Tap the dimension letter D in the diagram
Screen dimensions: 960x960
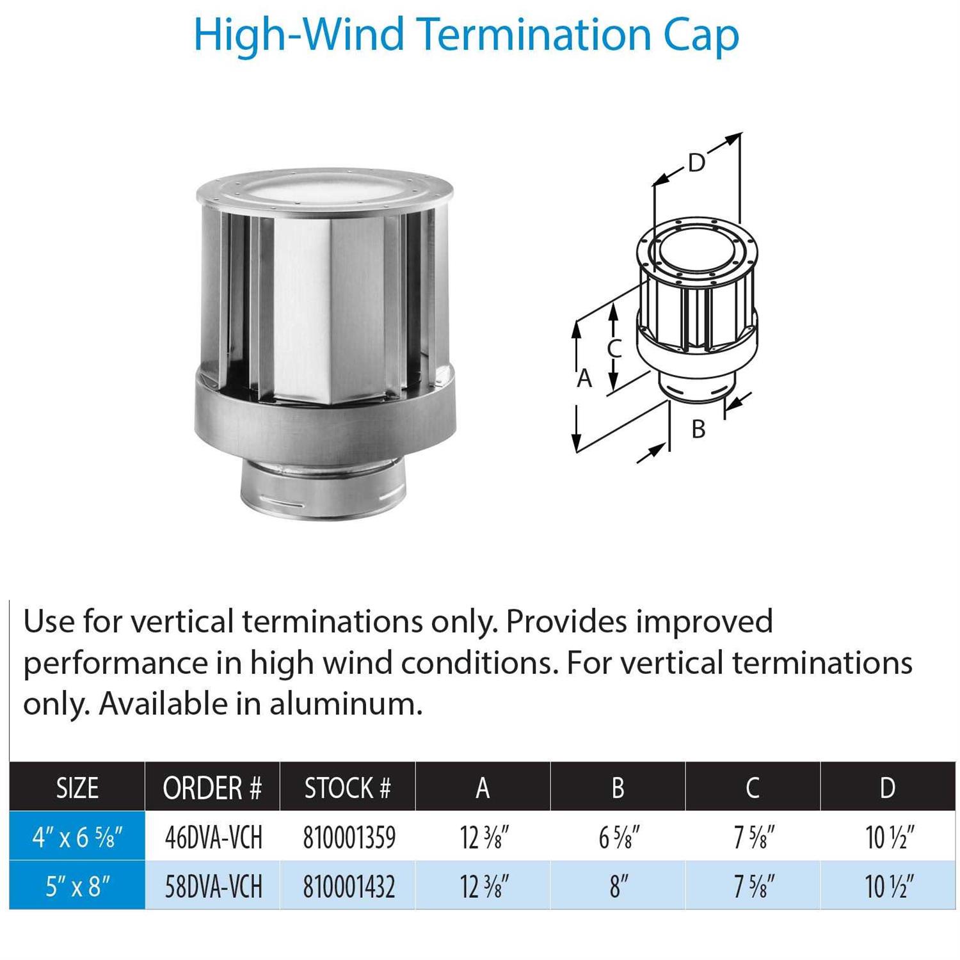(x=696, y=163)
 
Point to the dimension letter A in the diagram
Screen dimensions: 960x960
(x=584, y=378)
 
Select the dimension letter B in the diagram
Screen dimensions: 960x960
(x=698, y=429)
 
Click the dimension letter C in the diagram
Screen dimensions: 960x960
(x=614, y=349)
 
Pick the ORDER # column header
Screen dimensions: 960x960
(x=212, y=788)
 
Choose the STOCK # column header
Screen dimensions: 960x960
(x=348, y=788)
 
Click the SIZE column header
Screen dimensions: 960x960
(x=77, y=788)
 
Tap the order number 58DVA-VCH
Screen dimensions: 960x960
(x=214, y=887)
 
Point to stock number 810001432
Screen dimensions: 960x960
(x=349, y=887)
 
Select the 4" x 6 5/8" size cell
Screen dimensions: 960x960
(x=77, y=837)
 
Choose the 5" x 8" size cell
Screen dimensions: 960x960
(x=77, y=887)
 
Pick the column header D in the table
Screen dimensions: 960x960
(x=888, y=788)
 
